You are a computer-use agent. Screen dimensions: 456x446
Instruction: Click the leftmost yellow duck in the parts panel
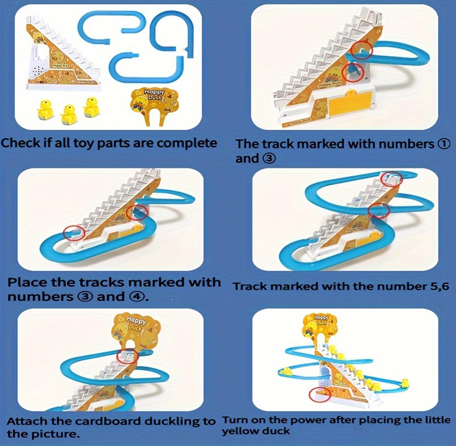[x=45, y=110]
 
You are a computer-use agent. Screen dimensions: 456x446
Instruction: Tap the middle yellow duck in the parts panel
[x=68, y=114]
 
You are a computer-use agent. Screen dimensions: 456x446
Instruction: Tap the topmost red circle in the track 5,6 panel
[x=392, y=179]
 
